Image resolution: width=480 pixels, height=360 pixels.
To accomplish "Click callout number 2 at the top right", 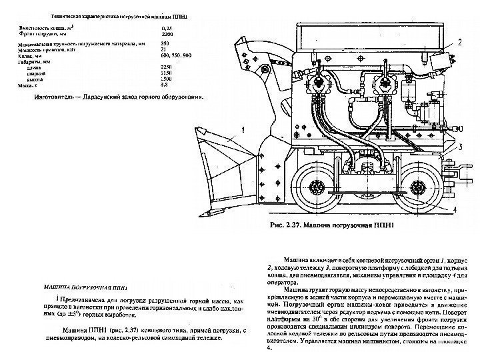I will tap(459, 42).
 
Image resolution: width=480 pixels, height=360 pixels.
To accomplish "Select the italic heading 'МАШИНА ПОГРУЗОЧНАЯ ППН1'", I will tap(83, 288).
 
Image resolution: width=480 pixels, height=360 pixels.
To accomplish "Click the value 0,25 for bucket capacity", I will tap(167, 29).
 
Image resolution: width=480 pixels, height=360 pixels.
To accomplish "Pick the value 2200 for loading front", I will tap(167, 35).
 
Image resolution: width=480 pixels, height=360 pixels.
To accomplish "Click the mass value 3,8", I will tap(165, 84).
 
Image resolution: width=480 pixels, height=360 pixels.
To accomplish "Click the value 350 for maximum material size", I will tap(166, 44).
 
